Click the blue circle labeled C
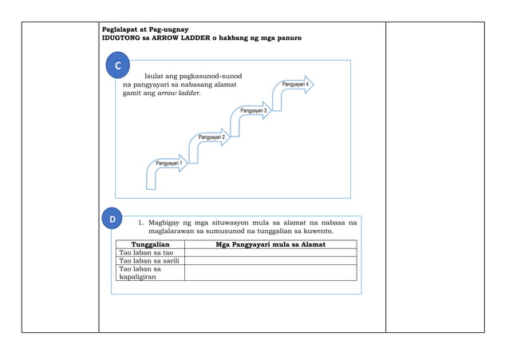117,65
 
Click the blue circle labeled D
112,219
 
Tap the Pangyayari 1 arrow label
169,164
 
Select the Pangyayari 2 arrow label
211,137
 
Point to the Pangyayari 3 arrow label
254,110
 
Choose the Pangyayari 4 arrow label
295,84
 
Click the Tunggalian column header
150,244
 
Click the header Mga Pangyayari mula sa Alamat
270,244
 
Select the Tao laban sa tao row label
146,252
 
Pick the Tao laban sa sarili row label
148,261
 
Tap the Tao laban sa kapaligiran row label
140,273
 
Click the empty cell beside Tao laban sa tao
270,252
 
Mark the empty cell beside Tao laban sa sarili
270,261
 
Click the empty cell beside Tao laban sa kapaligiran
270,273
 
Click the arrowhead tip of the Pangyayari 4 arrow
312,84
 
